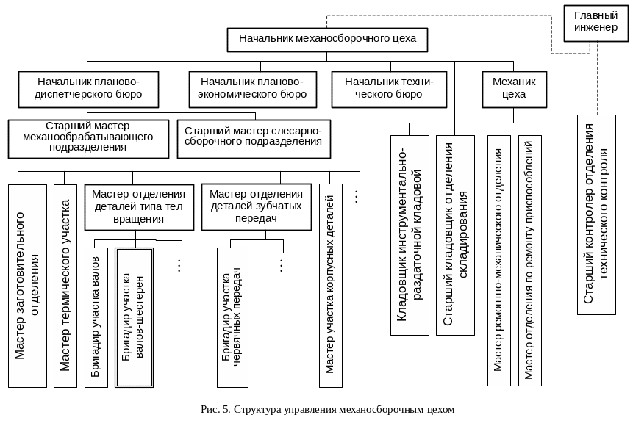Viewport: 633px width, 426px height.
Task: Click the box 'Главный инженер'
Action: [x=595, y=22]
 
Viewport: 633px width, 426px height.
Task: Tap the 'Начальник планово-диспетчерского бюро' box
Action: [x=89, y=88]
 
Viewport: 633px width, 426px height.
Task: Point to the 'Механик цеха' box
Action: [x=514, y=88]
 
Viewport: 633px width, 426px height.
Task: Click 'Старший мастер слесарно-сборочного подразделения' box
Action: [x=254, y=137]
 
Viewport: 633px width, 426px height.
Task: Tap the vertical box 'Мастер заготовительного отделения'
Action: [x=27, y=285]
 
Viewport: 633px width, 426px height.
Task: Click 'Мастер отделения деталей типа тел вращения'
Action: [x=139, y=206]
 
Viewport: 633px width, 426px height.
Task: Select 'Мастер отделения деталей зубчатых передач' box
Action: [x=256, y=206]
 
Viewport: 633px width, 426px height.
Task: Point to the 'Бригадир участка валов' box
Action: [x=96, y=317]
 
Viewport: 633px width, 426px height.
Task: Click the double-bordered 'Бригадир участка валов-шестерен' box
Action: [x=134, y=317]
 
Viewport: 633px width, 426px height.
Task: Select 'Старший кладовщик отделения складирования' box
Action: [x=454, y=234]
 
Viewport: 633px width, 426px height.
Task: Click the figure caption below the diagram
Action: [x=328, y=408]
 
